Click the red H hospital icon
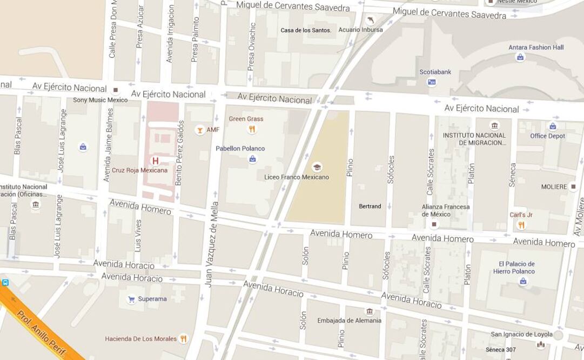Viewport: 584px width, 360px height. pyautogui.click(x=156, y=161)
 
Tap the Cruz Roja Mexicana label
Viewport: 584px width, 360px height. pyautogui.click(x=139, y=170)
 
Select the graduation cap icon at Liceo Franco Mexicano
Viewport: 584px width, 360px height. pyautogui.click(x=317, y=167)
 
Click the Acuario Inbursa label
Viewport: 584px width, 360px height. pyautogui.click(x=360, y=30)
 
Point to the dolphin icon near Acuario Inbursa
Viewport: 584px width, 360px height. pyautogui.click(x=371, y=20)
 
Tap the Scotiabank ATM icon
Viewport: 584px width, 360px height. pyautogui.click(x=432, y=82)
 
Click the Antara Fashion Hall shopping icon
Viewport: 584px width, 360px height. pyautogui.click(x=520, y=57)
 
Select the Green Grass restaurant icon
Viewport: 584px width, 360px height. pyautogui.click(x=252, y=129)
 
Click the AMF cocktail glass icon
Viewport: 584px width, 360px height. pyautogui.click(x=199, y=130)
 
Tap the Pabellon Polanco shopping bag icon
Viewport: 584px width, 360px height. pyautogui.click(x=252, y=158)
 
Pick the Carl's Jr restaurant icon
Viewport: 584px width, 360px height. pyautogui.click(x=521, y=225)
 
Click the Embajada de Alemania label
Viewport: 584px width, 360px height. pyautogui.click(x=349, y=321)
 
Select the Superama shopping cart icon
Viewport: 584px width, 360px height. pyautogui.click(x=131, y=299)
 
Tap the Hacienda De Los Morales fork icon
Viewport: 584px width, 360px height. pyautogui.click(x=183, y=338)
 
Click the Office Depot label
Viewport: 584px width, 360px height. pyautogui.click(x=547, y=136)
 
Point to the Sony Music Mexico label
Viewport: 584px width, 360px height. pyautogui.click(x=100, y=100)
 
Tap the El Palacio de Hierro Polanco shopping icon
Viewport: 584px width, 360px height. pyautogui.click(x=522, y=281)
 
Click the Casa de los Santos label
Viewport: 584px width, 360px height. pyautogui.click(x=306, y=30)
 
